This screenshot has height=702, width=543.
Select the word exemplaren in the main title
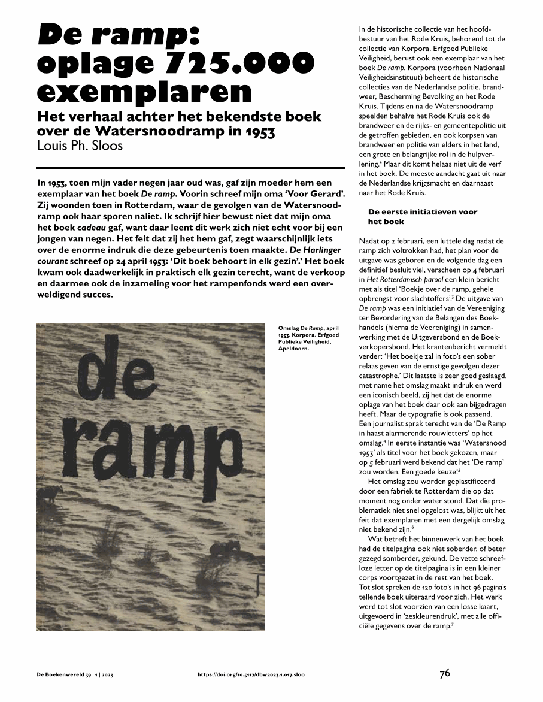144,92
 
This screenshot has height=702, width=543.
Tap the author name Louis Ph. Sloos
79,146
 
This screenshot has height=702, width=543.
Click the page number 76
445,673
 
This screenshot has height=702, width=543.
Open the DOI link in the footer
251,674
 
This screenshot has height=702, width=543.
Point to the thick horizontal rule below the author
190,167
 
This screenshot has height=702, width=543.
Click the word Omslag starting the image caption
289,329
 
